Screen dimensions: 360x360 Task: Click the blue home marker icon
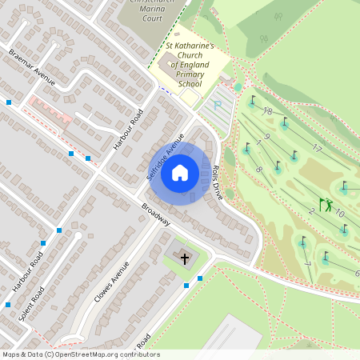[180, 172]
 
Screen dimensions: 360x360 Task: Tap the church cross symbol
[186, 258]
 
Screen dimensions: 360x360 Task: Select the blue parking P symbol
[215, 103]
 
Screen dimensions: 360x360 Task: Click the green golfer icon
[326, 205]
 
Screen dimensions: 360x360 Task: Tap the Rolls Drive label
[217, 182]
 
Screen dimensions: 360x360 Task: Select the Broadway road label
[155, 214]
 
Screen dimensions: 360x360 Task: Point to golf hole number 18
[268, 111]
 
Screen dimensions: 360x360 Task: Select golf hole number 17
[317, 148]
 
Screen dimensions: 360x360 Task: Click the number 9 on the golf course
[266, 138]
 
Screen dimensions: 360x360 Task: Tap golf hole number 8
[258, 170]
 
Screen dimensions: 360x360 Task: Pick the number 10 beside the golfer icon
[339, 214]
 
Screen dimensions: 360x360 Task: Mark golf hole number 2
[311, 210]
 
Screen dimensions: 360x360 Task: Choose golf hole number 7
[308, 264]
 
